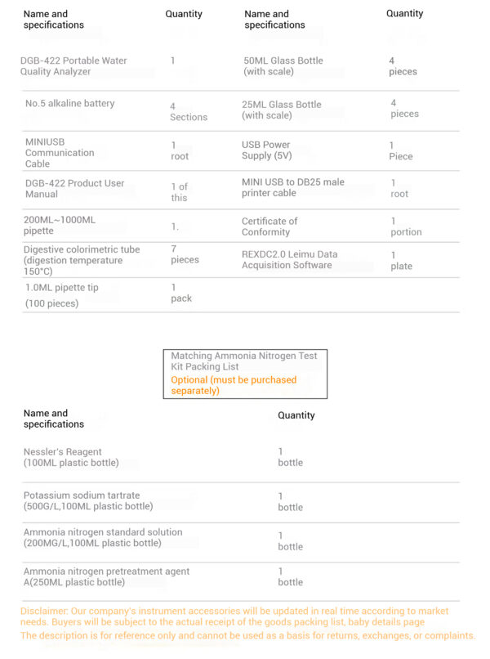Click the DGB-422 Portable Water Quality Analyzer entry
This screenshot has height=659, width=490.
[73, 66]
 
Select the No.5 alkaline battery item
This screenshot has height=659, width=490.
[70, 104]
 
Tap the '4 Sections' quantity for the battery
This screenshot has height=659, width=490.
[188, 112]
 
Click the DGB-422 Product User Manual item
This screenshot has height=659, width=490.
[73, 189]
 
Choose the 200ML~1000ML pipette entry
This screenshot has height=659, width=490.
[60, 226]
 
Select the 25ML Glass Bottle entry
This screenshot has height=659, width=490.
[282, 110]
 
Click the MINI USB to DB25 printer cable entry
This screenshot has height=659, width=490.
[292, 188]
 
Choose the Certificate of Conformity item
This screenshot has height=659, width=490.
[269, 226]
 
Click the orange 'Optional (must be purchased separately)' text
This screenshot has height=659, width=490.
[234, 385]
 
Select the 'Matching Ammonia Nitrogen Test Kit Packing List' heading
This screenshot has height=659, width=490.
[243, 361]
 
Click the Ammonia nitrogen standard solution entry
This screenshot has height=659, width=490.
[102, 537]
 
